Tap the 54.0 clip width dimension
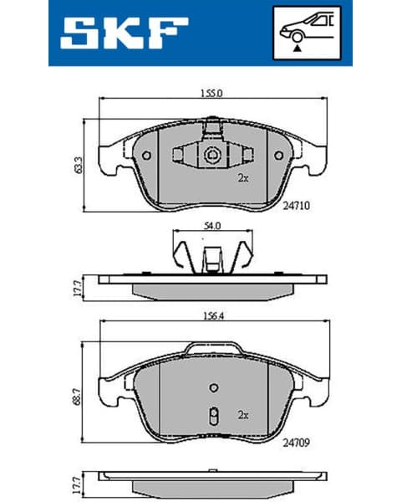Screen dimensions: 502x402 (212, 225)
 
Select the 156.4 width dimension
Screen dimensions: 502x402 (211, 316)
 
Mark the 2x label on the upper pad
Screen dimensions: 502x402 (242, 177)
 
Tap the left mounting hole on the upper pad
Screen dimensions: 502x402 (147, 156)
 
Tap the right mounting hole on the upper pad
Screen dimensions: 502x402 (277, 156)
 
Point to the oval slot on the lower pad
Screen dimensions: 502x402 (213, 416)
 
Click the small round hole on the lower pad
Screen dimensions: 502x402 (213, 387)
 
